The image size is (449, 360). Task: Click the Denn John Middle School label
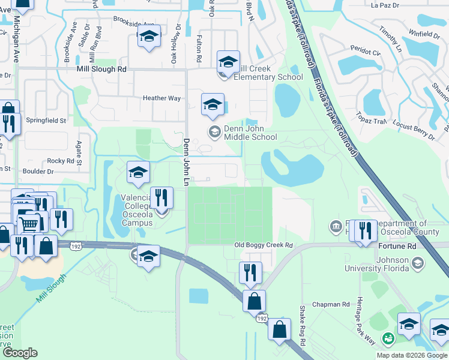250,132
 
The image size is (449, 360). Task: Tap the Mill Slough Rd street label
101,70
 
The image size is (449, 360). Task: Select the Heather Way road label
161,98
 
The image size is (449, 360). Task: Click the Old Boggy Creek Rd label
263,245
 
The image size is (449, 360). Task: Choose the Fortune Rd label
397,246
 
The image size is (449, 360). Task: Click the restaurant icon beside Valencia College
161,198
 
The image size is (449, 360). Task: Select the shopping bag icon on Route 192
255,301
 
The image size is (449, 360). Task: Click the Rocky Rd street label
60,161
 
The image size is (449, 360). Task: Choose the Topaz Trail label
370,121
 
